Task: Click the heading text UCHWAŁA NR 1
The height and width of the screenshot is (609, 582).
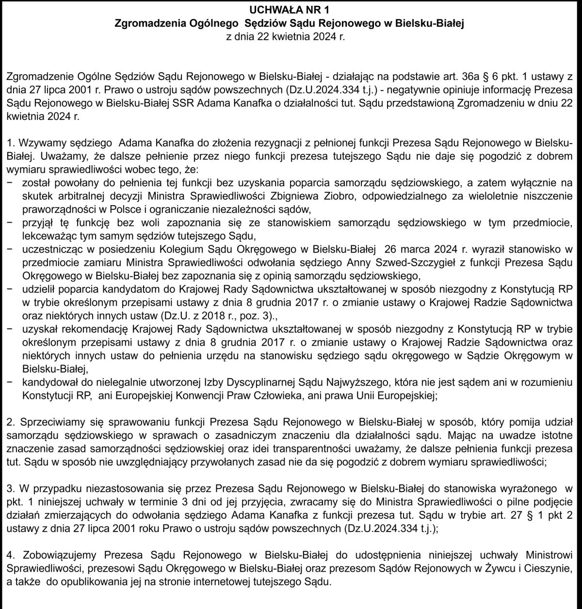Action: point(291,10)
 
